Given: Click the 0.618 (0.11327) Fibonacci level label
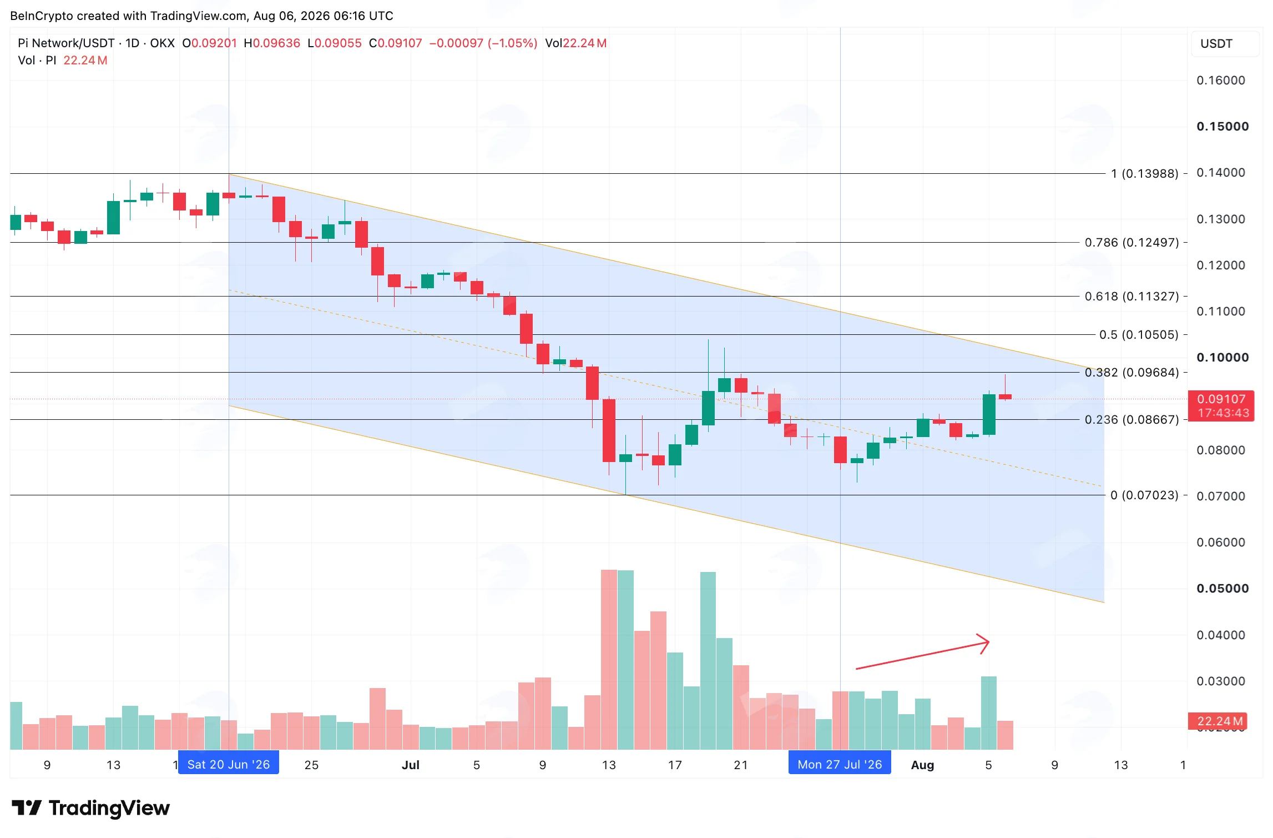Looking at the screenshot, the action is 1131,297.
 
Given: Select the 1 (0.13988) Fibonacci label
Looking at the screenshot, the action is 1144,174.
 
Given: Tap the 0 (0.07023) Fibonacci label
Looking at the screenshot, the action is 1144,495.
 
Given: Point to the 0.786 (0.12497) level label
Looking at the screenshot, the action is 1131,243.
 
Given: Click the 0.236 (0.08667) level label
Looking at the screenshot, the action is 1131,419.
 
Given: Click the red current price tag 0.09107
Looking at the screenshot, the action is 1221,406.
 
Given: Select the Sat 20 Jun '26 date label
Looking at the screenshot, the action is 229,765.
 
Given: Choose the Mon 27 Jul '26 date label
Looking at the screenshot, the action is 840,765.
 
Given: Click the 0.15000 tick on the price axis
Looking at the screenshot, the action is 1223,127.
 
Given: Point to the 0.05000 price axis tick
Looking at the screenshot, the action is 1223,589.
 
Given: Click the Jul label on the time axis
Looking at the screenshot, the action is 411,765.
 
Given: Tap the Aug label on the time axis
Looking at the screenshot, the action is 922,765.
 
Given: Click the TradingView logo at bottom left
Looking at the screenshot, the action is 90,808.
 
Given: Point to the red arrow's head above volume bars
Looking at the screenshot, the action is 988,643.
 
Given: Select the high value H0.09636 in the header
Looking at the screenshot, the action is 272,43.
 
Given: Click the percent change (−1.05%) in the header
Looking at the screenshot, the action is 512,43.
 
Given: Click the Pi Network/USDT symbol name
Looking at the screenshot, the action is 66,43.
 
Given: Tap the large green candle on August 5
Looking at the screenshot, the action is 989,414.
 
